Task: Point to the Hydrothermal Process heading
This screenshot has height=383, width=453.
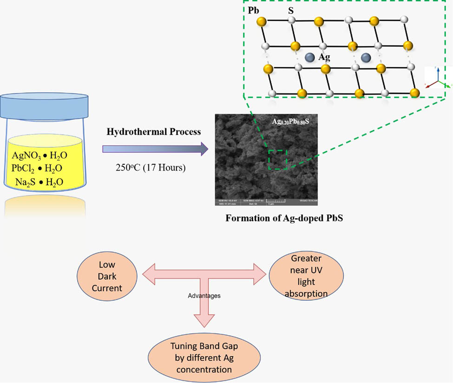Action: (x=154, y=132)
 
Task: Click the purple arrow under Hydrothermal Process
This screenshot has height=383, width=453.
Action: (x=155, y=149)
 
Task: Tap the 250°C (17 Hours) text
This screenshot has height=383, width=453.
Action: (x=151, y=168)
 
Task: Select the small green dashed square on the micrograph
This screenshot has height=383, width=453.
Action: (x=278, y=159)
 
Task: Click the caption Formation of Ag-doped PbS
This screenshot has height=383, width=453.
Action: (x=284, y=218)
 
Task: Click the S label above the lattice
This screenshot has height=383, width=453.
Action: (x=291, y=10)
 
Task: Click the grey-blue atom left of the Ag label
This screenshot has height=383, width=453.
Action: (x=310, y=57)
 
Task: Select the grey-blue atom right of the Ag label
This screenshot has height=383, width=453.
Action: (x=366, y=58)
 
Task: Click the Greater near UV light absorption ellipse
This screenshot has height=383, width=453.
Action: (x=306, y=276)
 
